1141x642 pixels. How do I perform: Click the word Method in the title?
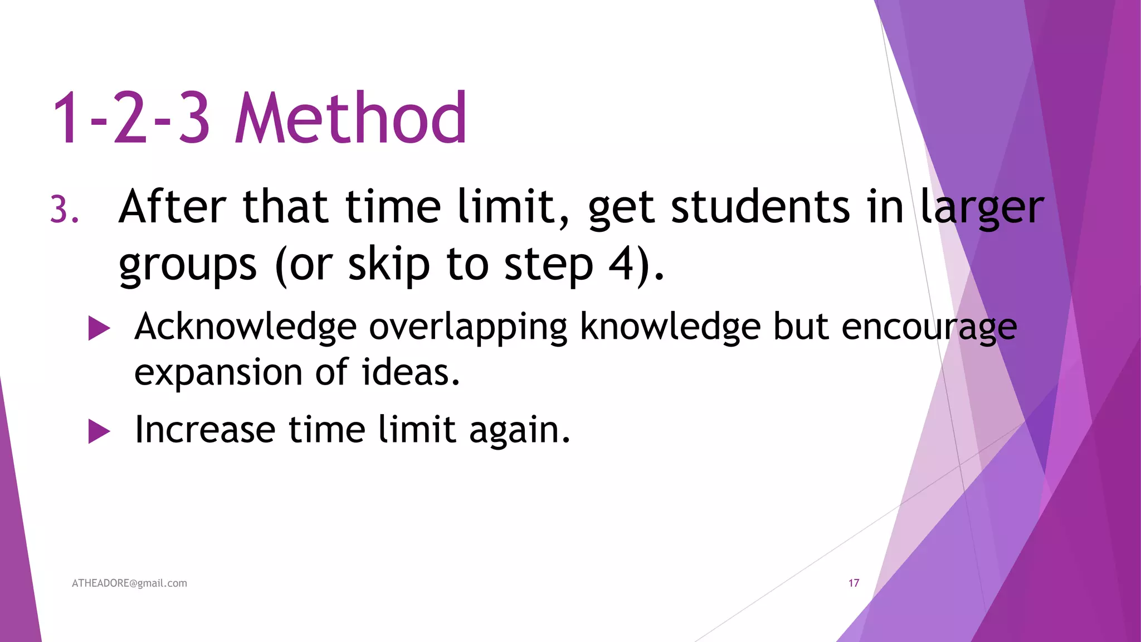(351, 118)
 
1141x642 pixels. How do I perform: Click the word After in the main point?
(172, 207)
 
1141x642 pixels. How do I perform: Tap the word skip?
(389, 265)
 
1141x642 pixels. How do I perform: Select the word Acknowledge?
(245, 327)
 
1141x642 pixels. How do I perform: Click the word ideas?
(411, 372)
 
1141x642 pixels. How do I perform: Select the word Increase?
(205, 430)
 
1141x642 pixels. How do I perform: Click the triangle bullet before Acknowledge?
(99, 328)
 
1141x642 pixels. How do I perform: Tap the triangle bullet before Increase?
(99, 431)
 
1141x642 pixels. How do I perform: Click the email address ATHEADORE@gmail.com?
(129, 583)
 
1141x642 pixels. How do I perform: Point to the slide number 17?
(854, 583)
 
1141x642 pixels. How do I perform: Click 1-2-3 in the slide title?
(131, 118)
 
